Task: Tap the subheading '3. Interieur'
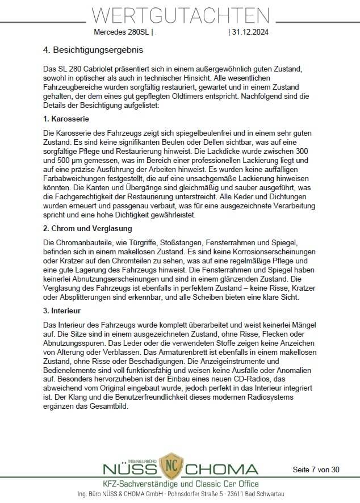[62, 311]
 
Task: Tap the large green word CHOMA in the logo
[221, 470]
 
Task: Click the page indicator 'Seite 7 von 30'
[316, 470]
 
